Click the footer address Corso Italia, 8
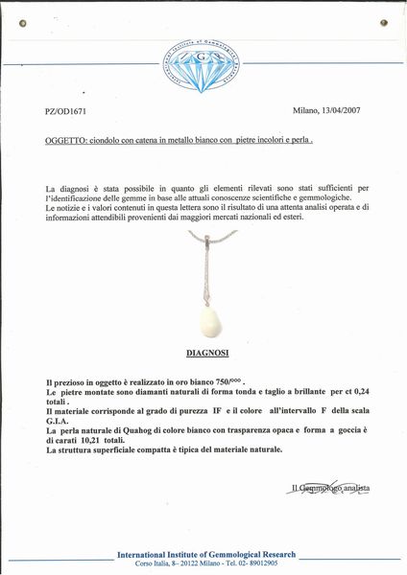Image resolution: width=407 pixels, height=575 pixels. [x=152, y=565]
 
